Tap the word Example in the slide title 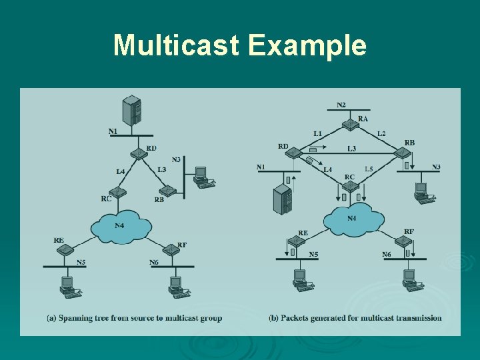click(308, 46)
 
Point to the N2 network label click(341, 105)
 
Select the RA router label click(363, 119)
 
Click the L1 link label click(318, 133)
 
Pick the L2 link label click(381, 133)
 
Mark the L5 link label click(369, 169)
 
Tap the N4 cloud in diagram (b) click(351, 218)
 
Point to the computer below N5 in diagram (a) click(67, 286)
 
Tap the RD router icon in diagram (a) click(138, 154)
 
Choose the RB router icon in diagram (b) click(401, 154)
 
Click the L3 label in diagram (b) click(351, 149)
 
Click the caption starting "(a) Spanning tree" click(135, 318)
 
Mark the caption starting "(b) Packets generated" click(355, 318)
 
